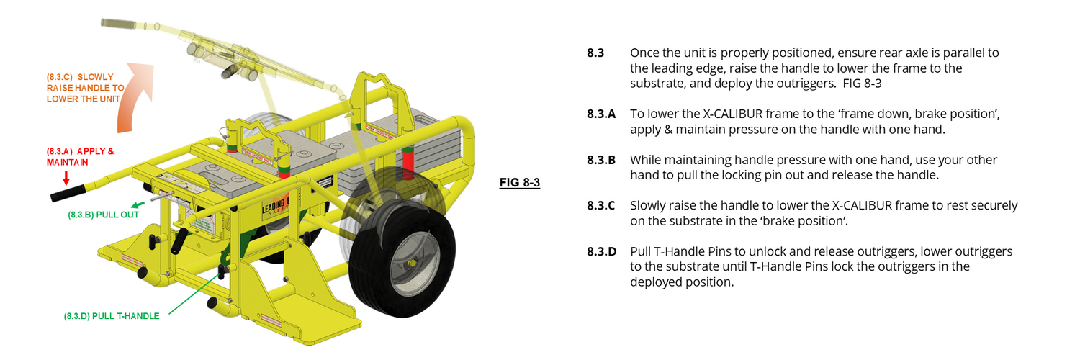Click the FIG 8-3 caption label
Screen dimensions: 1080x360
point(520,182)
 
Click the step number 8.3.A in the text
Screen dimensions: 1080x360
point(601,114)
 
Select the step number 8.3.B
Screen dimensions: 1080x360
point(601,160)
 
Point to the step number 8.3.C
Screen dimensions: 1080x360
point(601,206)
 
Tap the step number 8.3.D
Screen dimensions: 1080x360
point(602,252)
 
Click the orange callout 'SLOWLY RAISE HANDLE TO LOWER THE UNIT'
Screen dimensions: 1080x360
point(85,88)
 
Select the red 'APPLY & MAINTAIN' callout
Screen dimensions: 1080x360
point(79,157)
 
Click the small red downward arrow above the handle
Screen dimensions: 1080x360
point(66,177)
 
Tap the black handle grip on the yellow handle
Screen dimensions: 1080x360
point(67,194)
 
